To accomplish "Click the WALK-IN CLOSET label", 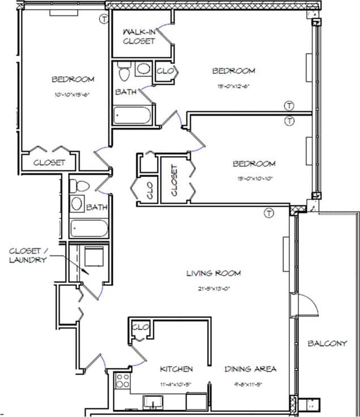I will (x=138, y=37).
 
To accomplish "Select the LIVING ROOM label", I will (x=214, y=273).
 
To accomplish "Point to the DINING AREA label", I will (x=250, y=369).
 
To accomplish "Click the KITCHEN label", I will (x=176, y=369).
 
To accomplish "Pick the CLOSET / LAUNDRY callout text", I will (x=27, y=255).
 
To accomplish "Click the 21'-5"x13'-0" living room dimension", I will (x=214, y=288).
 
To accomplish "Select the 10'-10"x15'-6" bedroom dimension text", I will (x=73, y=95).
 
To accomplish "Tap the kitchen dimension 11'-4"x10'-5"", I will (x=175, y=384).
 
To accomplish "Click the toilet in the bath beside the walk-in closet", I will (x=124, y=71).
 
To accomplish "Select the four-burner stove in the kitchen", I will (x=122, y=381).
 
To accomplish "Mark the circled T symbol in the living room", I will (x=268, y=213).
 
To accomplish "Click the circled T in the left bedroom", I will (x=103, y=19).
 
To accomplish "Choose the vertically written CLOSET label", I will (x=174, y=180).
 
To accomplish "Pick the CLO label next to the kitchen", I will (x=139, y=327).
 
